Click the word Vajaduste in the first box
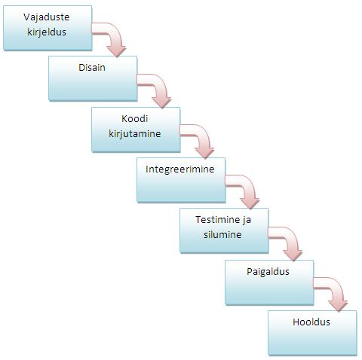pos(47,17)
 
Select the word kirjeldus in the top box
pos(47,32)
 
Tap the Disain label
pos(92,68)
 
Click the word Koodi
pos(135,118)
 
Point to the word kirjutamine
pos(135,133)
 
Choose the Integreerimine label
pos(180,169)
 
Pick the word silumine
pos(222,235)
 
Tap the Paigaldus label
pos(268,272)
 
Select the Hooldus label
pos(311,322)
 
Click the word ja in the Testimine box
pos(247,220)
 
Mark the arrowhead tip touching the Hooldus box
pos(339,312)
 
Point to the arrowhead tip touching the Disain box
pos(117,57)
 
